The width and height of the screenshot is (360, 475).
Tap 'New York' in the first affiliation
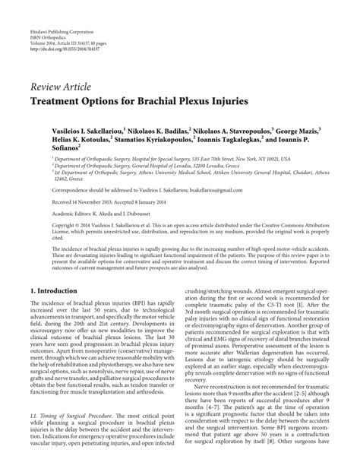[x=255, y=161]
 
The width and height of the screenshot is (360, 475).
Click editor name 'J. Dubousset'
[x=163, y=214]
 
